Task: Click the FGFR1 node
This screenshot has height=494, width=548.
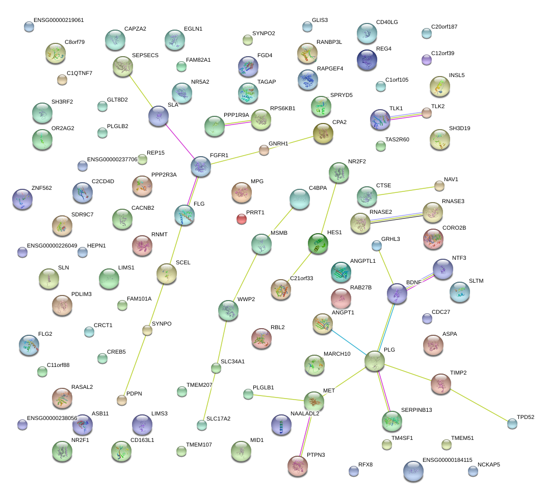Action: (201, 166)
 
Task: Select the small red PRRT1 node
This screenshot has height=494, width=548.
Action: (242, 219)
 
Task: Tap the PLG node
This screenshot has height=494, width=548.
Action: (375, 361)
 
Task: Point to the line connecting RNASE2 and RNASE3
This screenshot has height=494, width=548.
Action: (396, 217)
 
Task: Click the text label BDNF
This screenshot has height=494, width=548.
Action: (413, 282)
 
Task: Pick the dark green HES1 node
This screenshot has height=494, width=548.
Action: (318, 243)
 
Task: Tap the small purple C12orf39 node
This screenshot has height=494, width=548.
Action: (426, 60)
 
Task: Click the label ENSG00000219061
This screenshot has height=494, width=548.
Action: (59, 20)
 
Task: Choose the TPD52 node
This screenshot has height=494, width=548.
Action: (512, 424)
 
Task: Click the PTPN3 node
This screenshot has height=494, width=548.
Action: (297, 466)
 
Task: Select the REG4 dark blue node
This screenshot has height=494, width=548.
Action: (367, 60)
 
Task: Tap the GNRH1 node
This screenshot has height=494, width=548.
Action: (264, 151)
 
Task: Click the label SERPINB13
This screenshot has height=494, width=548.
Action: (416, 410)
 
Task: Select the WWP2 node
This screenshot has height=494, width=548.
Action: (228, 310)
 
